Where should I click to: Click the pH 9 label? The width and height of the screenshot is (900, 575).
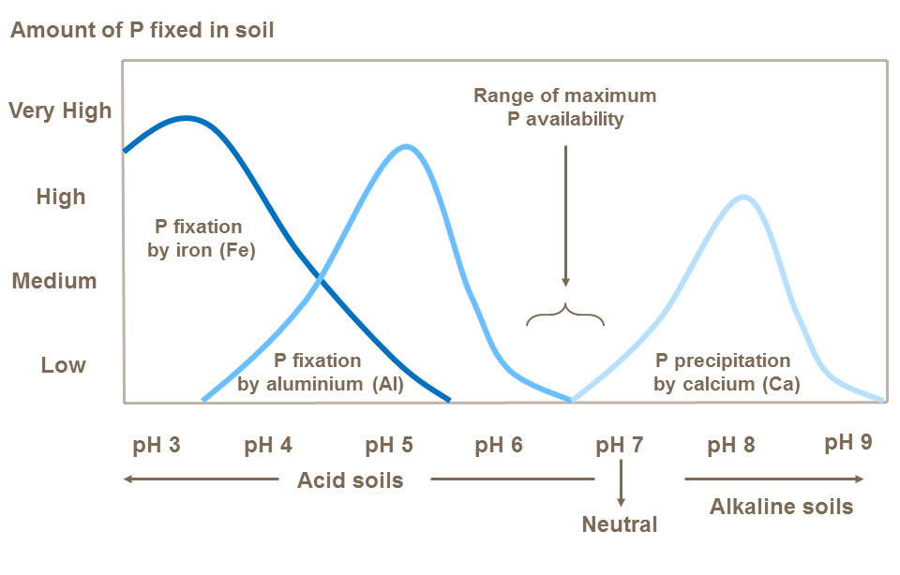pyautogui.click(x=848, y=442)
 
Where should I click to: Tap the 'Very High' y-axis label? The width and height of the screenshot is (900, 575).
pyautogui.click(x=60, y=111)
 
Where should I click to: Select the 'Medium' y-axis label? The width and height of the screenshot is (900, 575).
pyautogui.click(x=54, y=281)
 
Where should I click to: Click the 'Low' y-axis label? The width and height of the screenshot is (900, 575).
pyautogui.click(x=63, y=365)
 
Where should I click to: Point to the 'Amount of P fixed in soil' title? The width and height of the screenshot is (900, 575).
pyautogui.click(x=142, y=30)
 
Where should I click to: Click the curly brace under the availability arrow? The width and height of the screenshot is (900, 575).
pyautogui.click(x=565, y=316)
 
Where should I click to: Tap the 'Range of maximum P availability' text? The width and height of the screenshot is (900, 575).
pyautogui.click(x=564, y=108)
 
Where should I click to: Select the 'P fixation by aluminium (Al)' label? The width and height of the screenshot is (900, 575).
pyautogui.click(x=320, y=373)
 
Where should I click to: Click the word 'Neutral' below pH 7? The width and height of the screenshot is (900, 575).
pyautogui.click(x=620, y=523)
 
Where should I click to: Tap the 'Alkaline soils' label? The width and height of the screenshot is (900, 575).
pyautogui.click(x=782, y=507)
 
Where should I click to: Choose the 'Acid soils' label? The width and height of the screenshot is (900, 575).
pyautogui.click(x=350, y=480)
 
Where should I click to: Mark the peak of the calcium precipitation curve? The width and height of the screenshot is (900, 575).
pyautogui.click(x=743, y=197)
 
